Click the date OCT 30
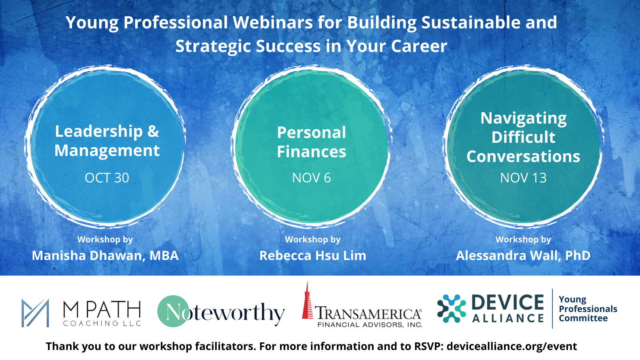[x=107, y=178]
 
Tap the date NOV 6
[x=312, y=178]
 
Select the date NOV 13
[x=524, y=178]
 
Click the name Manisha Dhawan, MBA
[x=105, y=256]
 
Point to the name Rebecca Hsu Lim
[x=312, y=256]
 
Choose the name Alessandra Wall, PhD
[x=523, y=256]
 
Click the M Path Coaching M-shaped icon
[x=35, y=313]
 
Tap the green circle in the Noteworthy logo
[x=173, y=311]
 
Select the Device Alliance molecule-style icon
[x=452, y=308]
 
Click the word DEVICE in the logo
[x=508, y=302]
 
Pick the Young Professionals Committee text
[x=588, y=309]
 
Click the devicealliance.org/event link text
[x=512, y=346]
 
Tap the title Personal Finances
[x=312, y=142]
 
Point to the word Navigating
[x=524, y=119]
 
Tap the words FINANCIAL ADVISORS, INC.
[x=370, y=324]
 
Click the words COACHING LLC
[x=102, y=324]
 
